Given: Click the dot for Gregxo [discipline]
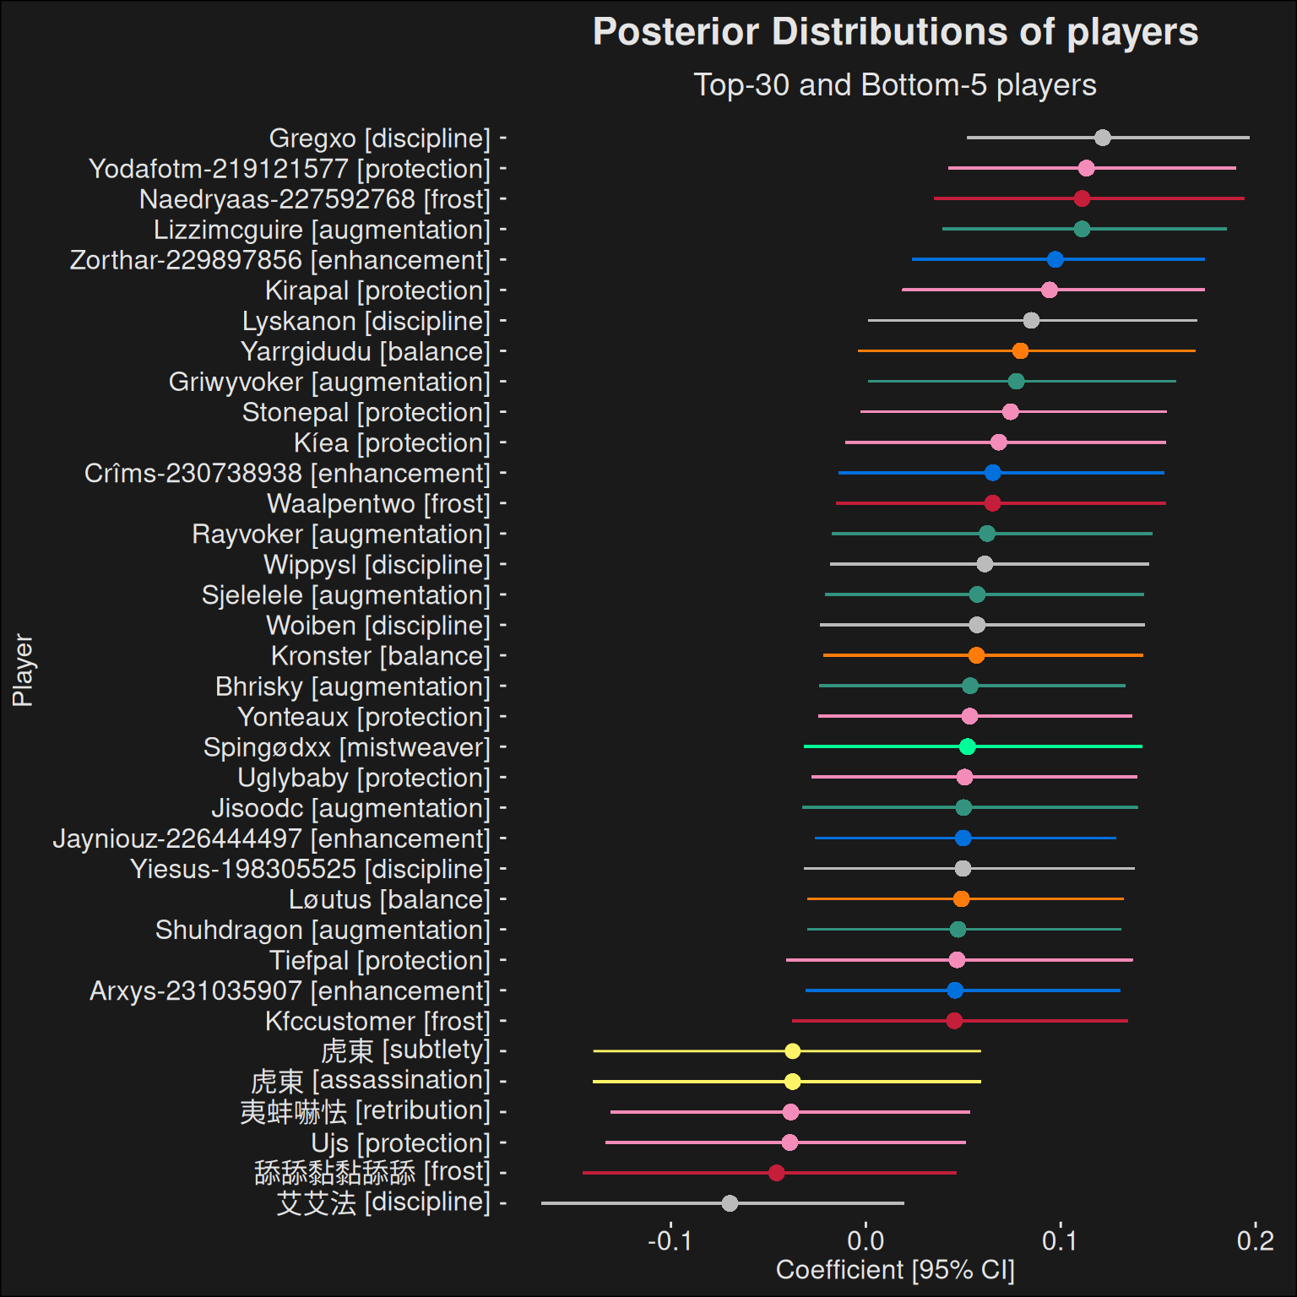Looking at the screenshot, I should (1102, 138).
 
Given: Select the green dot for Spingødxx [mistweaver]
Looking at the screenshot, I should (968, 746).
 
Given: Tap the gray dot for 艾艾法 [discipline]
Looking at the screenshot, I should (730, 1203).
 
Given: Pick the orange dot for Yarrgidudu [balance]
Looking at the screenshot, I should (1020, 350).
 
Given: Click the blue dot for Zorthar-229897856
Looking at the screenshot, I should (1055, 259).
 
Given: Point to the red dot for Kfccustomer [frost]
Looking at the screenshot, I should (954, 1021).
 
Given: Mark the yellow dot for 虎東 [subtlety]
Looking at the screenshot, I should (792, 1051).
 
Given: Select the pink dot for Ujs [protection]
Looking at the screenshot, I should (790, 1142).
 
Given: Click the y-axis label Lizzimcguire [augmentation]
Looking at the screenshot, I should (322, 230).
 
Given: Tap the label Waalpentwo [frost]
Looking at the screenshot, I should (378, 503).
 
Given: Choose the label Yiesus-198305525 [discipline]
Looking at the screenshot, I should (310, 869).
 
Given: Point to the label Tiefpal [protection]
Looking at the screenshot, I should (380, 960).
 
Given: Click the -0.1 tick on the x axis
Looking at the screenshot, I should (670, 1240).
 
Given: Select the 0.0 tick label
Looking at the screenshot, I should (866, 1240).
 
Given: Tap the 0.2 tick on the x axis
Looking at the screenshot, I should (1255, 1240).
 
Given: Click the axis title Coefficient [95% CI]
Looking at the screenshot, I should (895, 1270).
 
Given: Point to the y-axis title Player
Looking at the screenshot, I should (23, 670).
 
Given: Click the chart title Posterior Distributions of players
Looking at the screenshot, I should (895, 32).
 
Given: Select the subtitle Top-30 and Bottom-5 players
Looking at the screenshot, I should (895, 85).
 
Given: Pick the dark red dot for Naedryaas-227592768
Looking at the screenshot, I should (1082, 198).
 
